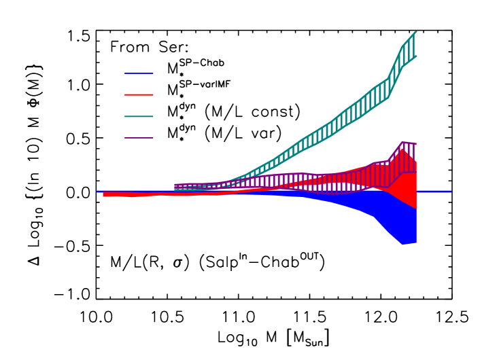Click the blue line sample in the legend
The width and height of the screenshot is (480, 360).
pyautogui.click(x=139, y=73)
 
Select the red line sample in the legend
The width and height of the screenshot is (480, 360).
pyautogui.click(x=139, y=94)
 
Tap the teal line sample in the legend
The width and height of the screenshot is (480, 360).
pyautogui.click(x=139, y=116)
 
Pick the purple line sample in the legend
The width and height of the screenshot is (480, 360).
pyautogui.click(x=139, y=138)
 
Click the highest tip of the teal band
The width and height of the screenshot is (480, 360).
pyautogui.click(x=415, y=32)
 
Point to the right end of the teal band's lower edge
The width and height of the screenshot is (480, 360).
pyautogui.click(x=415, y=56)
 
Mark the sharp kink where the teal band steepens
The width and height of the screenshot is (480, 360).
pyautogui.click(x=388, y=79)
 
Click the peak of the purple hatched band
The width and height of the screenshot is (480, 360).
pyautogui.click(x=402, y=143)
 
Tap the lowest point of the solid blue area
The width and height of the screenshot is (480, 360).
pyautogui.click(x=402, y=244)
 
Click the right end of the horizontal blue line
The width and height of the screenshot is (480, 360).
pyautogui.click(x=451, y=192)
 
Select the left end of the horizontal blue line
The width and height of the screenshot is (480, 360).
pyautogui.click(x=97, y=192)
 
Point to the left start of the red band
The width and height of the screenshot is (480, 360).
pyautogui.click(x=104, y=194)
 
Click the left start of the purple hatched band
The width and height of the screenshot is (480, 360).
pyautogui.click(x=175, y=185)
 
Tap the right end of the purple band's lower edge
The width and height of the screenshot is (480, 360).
pyautogui.click(x=415, y=173)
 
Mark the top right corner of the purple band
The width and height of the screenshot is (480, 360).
pyautogui.click(x=415, y=144)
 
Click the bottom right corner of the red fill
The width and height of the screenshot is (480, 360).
pyautogui.click(x=415, y=208)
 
